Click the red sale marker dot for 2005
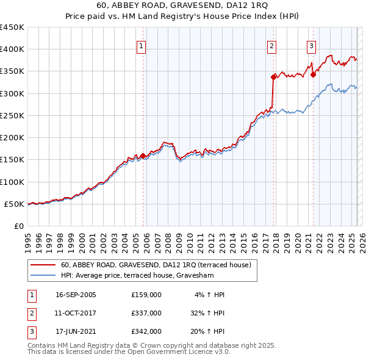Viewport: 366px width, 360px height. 143,156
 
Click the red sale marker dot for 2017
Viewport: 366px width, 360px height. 273,77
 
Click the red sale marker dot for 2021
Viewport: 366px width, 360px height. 313,74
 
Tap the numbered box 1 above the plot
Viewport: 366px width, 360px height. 142,45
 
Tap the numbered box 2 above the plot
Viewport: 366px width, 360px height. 271,45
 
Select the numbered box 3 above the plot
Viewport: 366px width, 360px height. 311,45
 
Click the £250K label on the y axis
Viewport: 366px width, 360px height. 12,115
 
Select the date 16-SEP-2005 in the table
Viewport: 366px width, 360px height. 76,295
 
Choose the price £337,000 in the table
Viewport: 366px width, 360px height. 146,313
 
